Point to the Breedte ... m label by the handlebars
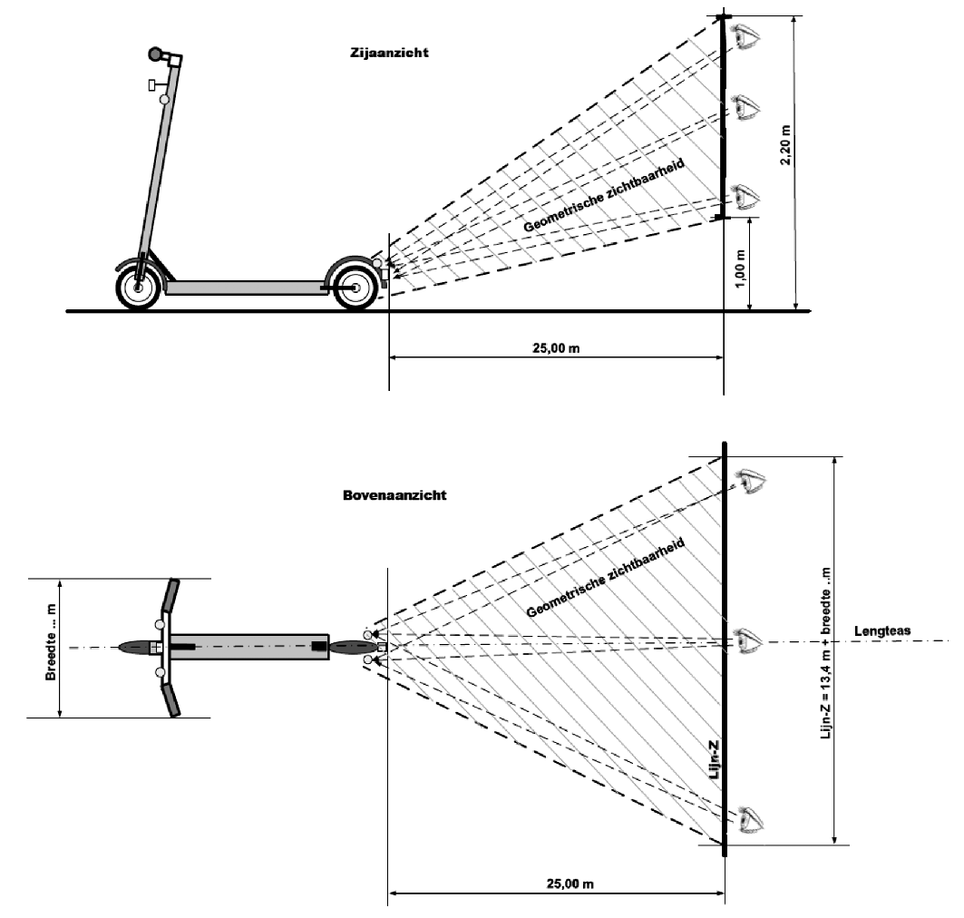pos(51,647)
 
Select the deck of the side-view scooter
pos(245,287)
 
